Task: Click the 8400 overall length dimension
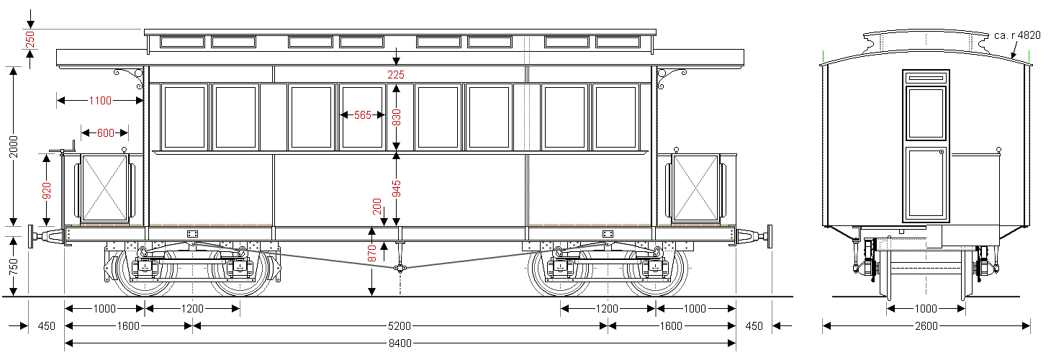(400, 343)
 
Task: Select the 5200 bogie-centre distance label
(400, 325)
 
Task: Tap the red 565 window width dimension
(363, 115)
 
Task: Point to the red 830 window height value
(397, 117)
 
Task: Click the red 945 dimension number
(397, 189)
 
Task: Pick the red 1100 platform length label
(100, 101)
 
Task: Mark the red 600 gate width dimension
(106, 132)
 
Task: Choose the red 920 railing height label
(47, 191)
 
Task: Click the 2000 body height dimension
(14, 146)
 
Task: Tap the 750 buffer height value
(14, 266)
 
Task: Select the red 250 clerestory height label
(30, 40)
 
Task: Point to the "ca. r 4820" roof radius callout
(1017, 36)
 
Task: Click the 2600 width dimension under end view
(926, 325)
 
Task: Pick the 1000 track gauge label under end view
(926, 308)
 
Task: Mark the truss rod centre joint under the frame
(400, 269)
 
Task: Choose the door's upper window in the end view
(926, 113)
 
